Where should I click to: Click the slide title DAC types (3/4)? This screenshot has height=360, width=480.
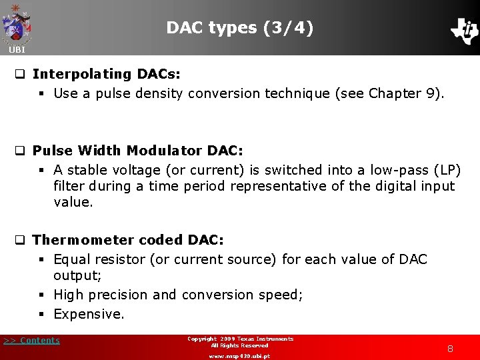point(239,27)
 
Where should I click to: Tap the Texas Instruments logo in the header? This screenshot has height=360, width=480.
point(464,30)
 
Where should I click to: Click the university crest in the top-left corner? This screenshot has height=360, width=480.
point(17,23)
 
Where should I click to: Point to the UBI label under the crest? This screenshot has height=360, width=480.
point(17,50)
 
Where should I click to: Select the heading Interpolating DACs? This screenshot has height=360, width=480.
point(107,73)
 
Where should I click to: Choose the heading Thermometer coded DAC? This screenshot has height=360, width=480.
point(128,239)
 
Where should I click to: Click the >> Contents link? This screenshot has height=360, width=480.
point(31,341)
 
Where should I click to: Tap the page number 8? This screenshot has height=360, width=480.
point(450,348)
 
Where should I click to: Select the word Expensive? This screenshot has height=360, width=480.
point(89,314)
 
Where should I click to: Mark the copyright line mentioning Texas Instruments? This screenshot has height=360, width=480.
point(240,339)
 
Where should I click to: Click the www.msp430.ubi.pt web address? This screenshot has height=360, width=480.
point(239,356)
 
